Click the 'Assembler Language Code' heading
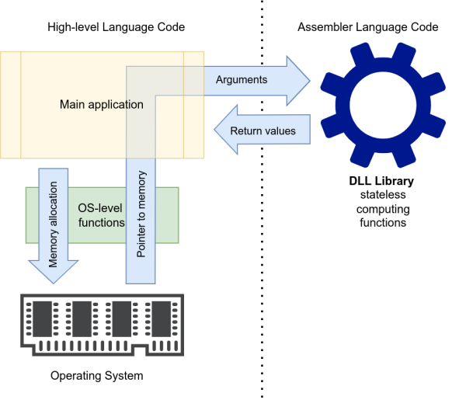coord(368,27)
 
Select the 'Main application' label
coord(101,104)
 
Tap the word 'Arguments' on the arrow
coord(241,79)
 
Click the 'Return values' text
coord(263,130)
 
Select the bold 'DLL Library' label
coord(381,182)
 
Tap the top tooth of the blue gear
coord(381,52)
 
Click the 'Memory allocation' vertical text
coord(54,225)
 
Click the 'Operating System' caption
coord(97,376)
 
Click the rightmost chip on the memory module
coord(162,317)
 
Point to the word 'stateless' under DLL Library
coord(382,196)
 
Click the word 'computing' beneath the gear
coord(382,210)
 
